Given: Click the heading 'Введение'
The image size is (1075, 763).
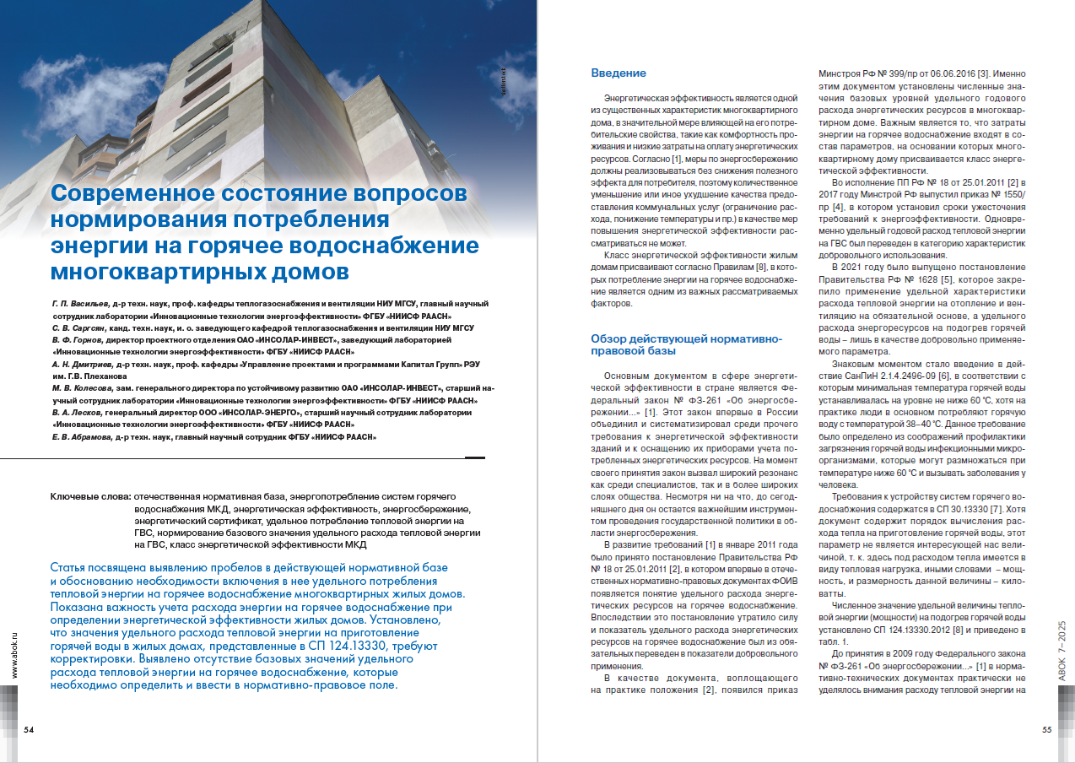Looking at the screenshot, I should [x=619, y=73].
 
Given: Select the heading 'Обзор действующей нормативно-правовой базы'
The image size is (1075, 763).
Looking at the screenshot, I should [x=686, y=345].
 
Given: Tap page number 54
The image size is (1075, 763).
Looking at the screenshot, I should [x=29, y=729].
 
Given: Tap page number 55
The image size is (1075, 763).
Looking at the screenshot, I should [x=1046, y=729].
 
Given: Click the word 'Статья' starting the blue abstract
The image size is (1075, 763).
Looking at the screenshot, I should [x=72, y=567].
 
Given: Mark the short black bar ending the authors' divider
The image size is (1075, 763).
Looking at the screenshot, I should [x=475, y=457].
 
